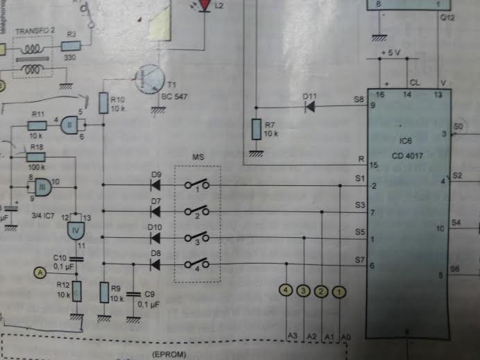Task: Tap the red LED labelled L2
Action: click(205, 5)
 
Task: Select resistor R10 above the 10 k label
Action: click(103, 103)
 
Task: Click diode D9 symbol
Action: click(155, 186)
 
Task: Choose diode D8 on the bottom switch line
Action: click(155, 264)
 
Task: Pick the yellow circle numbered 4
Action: click(286, 291)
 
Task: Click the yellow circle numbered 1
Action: click(338, 291)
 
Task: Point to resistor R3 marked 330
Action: click(71, 46)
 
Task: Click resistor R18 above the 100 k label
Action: click(37, 157)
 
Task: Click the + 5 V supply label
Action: click(393, 53)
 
